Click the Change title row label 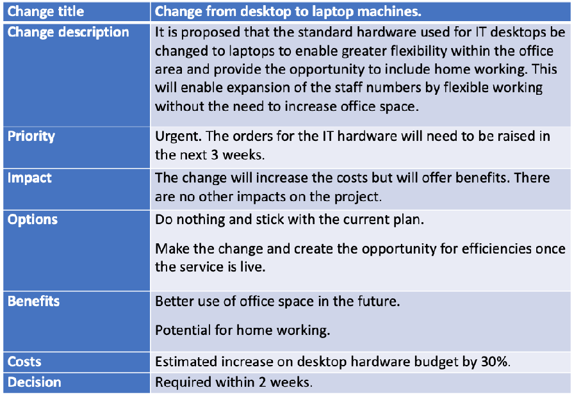point(45,12)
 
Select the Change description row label point(69,32)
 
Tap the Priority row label point(31,136)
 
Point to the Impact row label point(29,178)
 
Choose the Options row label point(33,220)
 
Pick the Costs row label point(24,362)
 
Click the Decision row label point(35,382)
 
